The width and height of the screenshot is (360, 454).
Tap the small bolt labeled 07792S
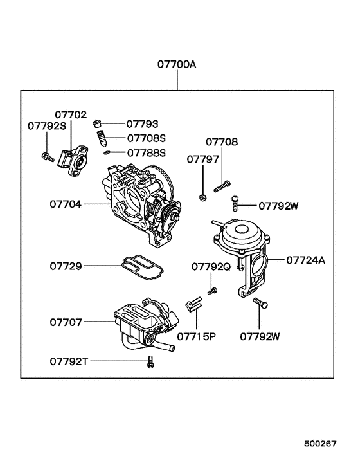coord(47,156)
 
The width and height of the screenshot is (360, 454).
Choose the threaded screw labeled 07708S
coord(101,138)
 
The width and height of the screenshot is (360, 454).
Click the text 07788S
coord(146,152)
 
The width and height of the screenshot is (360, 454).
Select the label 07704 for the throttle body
coord(67,204)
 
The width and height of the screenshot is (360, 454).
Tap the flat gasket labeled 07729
coord(142,266)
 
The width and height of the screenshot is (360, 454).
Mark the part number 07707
coord(67,321)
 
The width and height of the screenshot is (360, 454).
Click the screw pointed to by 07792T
coord(151,362)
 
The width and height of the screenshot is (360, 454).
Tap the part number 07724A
coord(306,260)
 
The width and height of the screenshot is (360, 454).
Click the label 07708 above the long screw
coord(221,141)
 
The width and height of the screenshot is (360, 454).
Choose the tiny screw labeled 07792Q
coord(212,293)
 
